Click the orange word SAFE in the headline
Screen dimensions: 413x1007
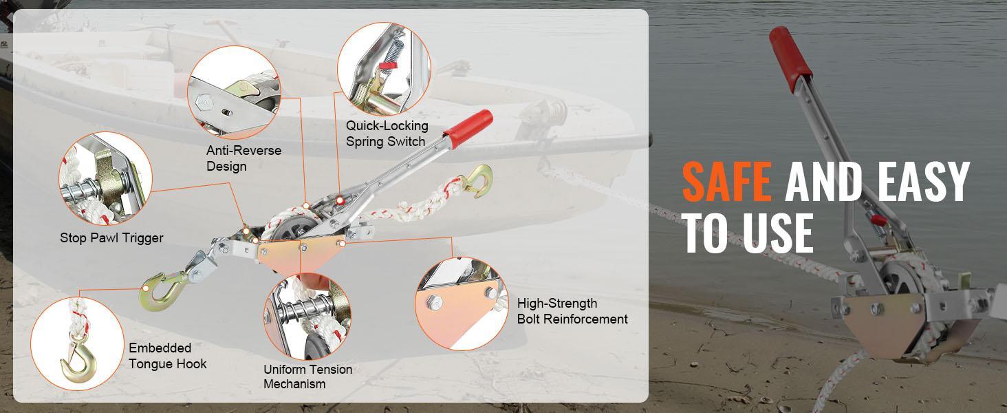coord(726,183)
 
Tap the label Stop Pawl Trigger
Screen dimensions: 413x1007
coord(111,238)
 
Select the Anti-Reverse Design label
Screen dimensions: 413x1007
coord(243,158)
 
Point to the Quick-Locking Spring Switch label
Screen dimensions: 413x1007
coord(387,134)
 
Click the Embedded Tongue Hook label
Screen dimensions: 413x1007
coord(167,356)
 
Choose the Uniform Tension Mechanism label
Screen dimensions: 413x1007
coord(307,377)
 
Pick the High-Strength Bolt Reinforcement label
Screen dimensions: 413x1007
coord(572,311)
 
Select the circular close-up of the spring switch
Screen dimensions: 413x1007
coord(383,67)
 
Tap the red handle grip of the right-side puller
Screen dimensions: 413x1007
coord(790,58)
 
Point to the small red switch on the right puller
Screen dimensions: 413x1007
coord(878,220)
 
